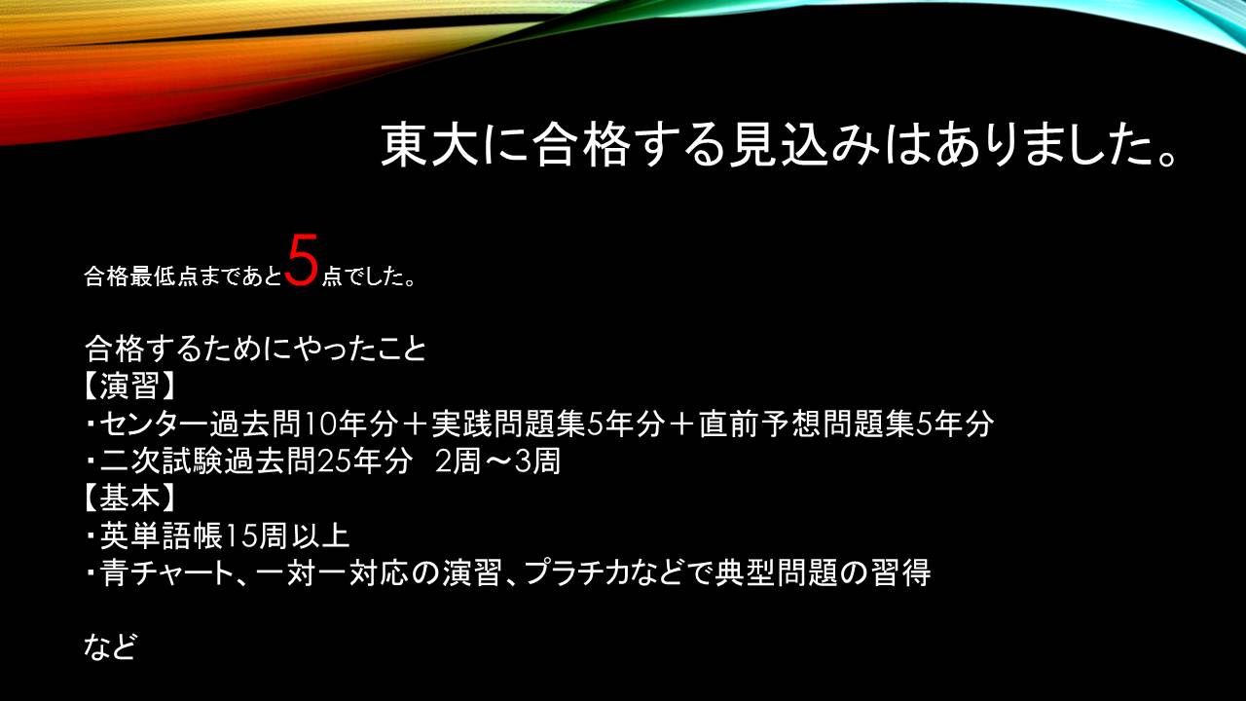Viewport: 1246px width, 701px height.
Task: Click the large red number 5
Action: [x=304, y=260]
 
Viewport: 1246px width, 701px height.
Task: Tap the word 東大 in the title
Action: [x=430, y=146]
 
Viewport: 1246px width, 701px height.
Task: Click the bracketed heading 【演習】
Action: [x=129, y=386]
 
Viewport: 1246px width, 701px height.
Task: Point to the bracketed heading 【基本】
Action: [x=129, y=498]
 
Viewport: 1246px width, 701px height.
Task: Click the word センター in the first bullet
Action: [x=155, y=424]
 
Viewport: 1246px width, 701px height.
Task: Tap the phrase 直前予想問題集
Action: [x=807, y=424]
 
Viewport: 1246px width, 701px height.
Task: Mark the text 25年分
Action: [x=364, y=461]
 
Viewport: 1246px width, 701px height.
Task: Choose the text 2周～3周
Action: [x=497, y=461]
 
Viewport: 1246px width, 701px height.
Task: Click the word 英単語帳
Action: [x=162, y=535]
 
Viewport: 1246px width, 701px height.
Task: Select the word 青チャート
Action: [x=166, y=573]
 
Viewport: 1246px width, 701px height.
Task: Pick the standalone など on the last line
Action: [x=110, y=647]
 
